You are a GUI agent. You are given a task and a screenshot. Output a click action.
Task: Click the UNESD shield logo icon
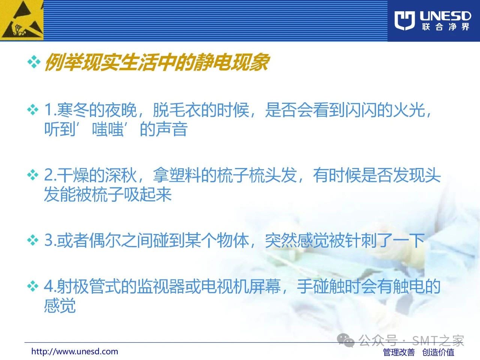pos(404,20)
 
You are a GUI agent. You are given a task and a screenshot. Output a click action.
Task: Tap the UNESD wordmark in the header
pos(445,16)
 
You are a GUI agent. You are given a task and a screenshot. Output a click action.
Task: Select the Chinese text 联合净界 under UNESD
pos(445,27)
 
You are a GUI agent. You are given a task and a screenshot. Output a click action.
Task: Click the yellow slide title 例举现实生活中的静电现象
pos(157,63)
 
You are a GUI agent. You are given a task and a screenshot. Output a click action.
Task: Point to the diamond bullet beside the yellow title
pos(34,62)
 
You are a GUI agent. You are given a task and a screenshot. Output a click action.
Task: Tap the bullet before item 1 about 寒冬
pos(33,110)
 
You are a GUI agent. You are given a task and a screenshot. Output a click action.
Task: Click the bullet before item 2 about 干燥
pos(33,175)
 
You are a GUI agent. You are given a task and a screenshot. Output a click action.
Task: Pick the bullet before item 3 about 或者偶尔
pos(33,240)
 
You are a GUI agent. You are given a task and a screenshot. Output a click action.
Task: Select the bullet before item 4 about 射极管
pos(33,286)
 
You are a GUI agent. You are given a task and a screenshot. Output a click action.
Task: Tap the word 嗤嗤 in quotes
pos(108,129)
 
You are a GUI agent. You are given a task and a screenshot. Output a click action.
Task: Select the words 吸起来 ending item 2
pos(148,194)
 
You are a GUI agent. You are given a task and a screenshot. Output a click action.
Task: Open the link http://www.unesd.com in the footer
pos(75,352)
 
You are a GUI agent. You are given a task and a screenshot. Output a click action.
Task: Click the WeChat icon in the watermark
pos(345,340)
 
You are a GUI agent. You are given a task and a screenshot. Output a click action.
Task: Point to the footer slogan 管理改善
pos(399,352)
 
